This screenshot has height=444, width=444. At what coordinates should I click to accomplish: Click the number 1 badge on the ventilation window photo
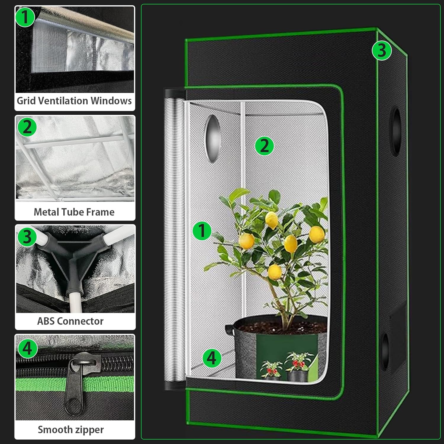pyautogui.click(x=25, y=17)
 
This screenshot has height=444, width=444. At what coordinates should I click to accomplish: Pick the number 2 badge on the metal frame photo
pyautogui.click(x=27, y=127)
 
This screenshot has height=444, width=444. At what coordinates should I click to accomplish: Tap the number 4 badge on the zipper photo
pyautogui.click(x=28, y=348)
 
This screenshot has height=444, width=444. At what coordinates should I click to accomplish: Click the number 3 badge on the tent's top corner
pyautogui.click(x=382, y=50)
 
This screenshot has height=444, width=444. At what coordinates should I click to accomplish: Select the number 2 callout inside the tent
pyautogui.click(x=264, y=146)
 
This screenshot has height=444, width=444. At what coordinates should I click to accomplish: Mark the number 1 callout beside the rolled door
pyautogui.click(x=202, y=231)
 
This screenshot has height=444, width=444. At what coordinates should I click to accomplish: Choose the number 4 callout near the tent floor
pyautogui.click(x=212, y=358)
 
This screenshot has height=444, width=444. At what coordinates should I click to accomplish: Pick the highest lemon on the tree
pyautogui.click(x=271, y=220)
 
